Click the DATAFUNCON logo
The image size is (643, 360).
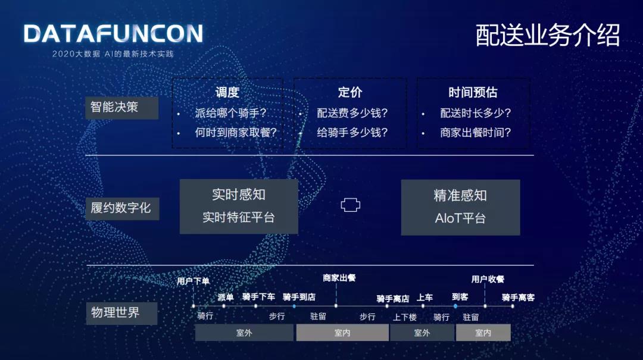click(113, 34)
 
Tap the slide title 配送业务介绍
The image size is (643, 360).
click(548, 35)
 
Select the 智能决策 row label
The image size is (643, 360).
click(121, 108)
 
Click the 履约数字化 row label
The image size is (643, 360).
click(122, 208)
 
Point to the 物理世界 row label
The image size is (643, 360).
click(121, 313)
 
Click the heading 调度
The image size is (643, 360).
click(227, 92)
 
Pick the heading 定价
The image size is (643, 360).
click(350, 92)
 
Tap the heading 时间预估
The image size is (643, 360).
click(473, 92)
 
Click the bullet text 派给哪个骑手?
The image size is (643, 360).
click(231, 112)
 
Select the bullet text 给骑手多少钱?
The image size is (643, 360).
click(352, 133)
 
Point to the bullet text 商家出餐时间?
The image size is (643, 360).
click(476, 133)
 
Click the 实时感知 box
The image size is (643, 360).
click(239, 206)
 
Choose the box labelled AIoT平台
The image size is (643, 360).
click(460, 208)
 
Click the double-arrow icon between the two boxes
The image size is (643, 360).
click(350, 205)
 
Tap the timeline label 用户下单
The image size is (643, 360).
click(193, 281)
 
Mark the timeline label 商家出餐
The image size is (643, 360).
click(339, 278)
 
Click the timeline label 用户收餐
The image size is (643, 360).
click(488, 279)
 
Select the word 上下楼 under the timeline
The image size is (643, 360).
click(405, 317)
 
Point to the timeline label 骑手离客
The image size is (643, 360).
click(519, 298)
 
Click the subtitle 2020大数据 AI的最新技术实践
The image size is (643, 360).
click(113, 54)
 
